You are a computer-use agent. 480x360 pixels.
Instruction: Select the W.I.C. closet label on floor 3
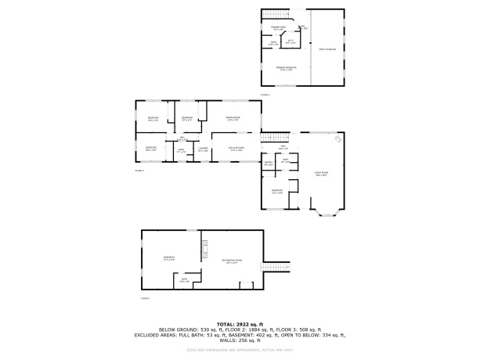(291, 41)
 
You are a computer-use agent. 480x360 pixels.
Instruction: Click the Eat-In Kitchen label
(236, 149)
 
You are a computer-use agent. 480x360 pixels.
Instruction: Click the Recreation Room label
(232, 260)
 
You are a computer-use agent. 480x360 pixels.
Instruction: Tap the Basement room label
(169, 259)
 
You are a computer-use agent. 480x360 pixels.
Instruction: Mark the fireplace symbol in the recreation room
(206, 250)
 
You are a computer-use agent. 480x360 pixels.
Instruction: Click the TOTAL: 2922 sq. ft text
(239, 324)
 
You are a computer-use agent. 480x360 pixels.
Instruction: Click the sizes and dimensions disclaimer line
(239, 349)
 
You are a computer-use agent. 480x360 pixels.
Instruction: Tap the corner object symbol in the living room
(337, 140)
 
